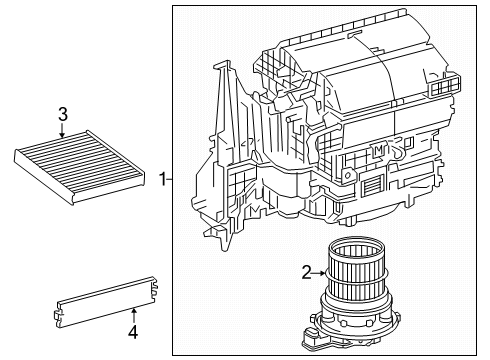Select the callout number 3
pyautogui.click(x=62, y=114)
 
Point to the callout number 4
pyautogui.click(x=133, y=329)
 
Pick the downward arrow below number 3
pyautogui.click(x=62, y=133)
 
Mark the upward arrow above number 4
pyautogui.click(x=133, y=311)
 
